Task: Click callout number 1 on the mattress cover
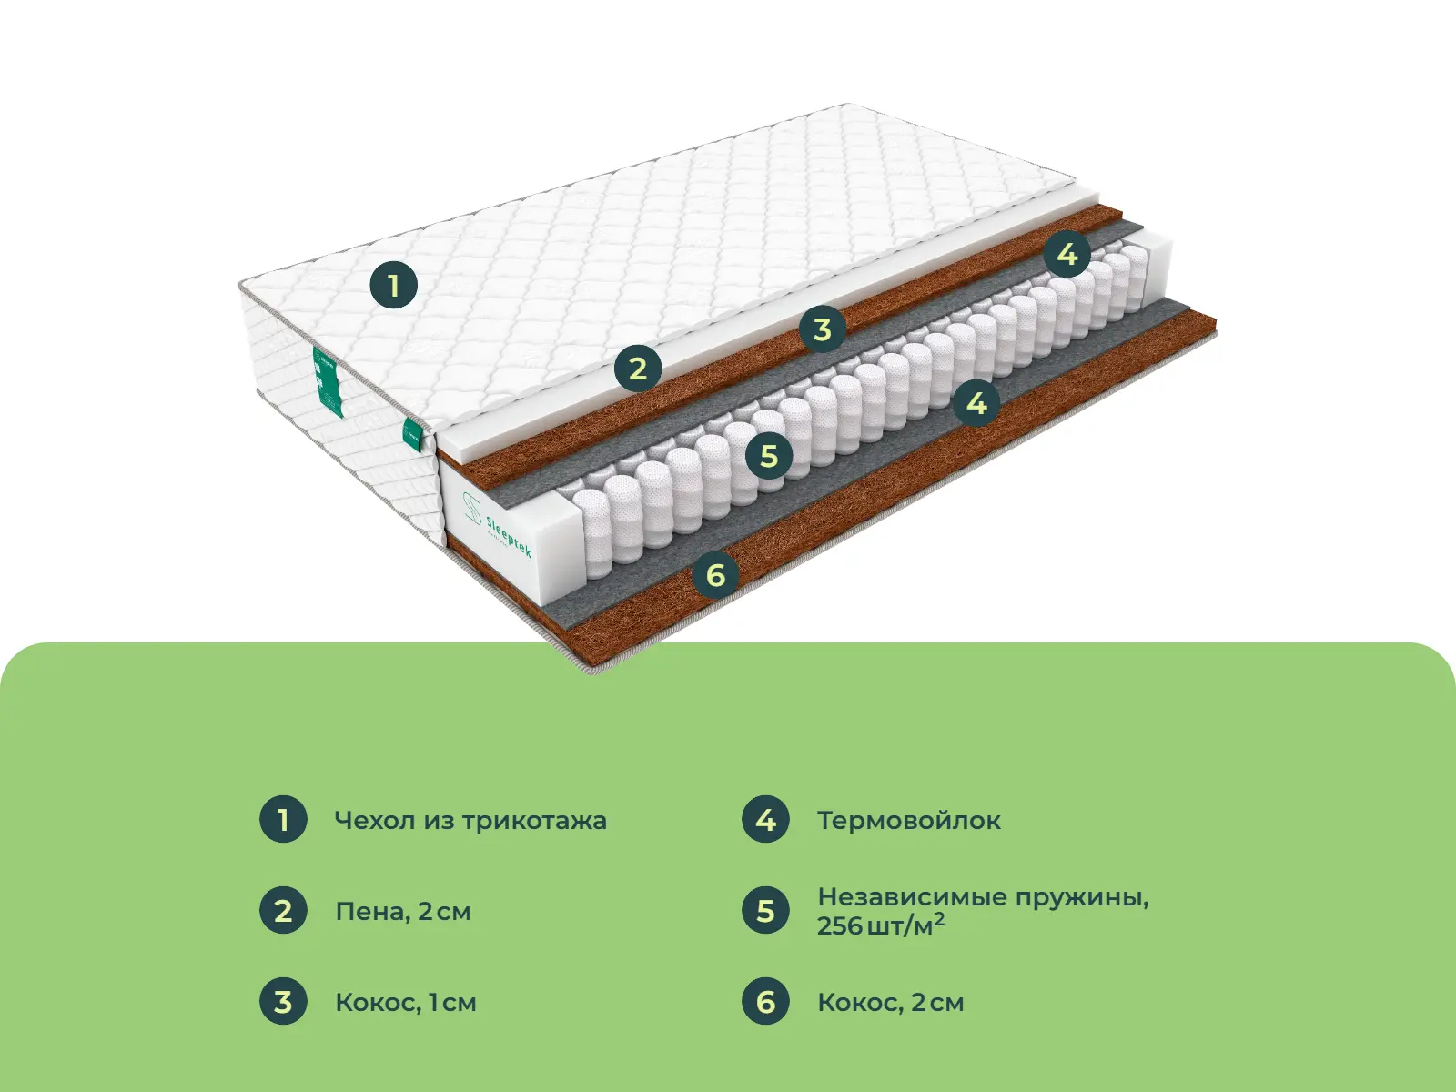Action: pos(394,285)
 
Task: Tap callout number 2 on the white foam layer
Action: pos(638,368)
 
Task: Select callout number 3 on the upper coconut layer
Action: pos(823,329)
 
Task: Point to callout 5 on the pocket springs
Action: pos(769,456)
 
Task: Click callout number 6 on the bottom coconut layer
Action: pos(716,574)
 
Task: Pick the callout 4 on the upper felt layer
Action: pos(1067,253)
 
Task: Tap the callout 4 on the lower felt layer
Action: pos(976,402)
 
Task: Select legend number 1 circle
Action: pos(283,820)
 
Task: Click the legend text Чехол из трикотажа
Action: pos(470,821)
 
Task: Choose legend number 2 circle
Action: pos(283,910)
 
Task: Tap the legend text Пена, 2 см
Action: pos(402,912)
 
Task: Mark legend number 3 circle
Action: pos(283,1001)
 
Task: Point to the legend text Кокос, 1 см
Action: pos(405,1003)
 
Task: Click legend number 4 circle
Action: pos(765,820)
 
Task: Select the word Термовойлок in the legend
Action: pos(909,821)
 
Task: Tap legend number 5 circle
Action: pos(765,910)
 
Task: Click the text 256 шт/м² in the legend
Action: pos(880,925)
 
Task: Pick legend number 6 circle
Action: pos(765,1001)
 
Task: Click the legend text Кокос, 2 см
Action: pos(890,1003)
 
